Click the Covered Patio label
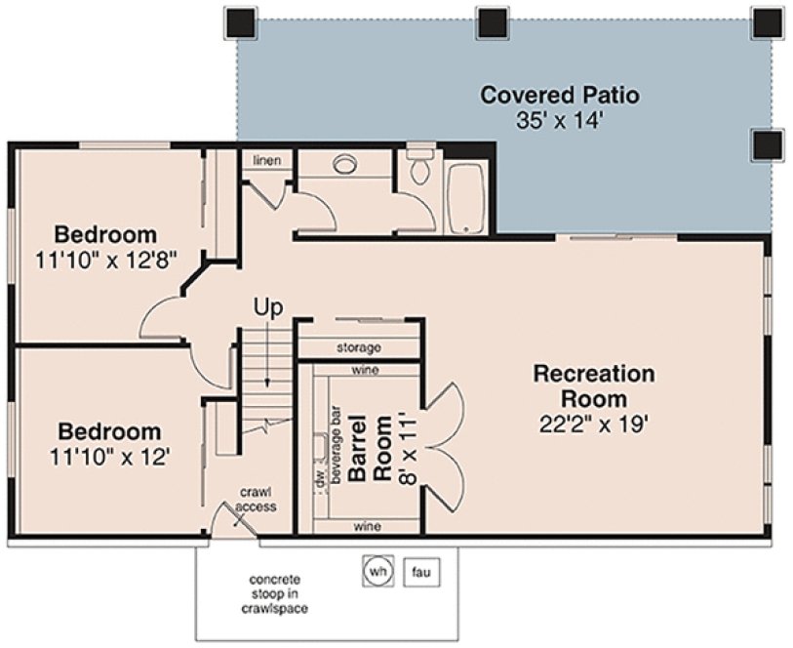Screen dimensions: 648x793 click(560, 96)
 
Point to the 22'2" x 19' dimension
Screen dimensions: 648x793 click(593, 424)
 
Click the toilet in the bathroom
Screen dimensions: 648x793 click(420, 167)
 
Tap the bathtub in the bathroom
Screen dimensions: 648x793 click(466, 198)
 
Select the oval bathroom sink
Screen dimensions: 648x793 click(347, 165)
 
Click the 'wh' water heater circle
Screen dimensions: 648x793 click(377, 571)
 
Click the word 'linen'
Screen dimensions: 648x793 click(266, 159)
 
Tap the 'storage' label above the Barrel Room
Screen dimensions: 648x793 click(358, 347)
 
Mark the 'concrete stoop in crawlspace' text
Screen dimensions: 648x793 click(280, 593)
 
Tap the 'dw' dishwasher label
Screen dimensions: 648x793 click(318, 480)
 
